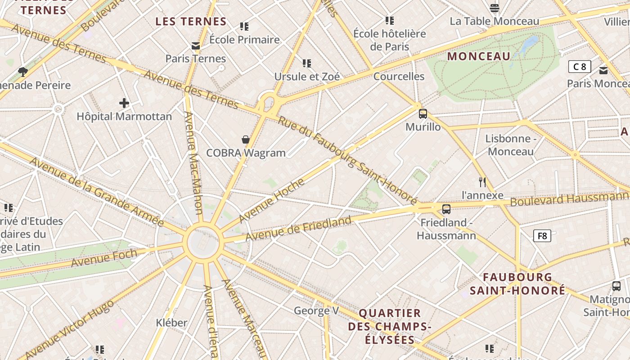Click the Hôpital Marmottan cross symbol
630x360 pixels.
(x=124, y=103)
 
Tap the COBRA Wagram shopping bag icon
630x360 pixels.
(x=246, y=139)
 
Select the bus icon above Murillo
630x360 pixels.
(x=423, y=114)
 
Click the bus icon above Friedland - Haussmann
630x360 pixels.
(x=446, y=209)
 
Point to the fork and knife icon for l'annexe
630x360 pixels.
(x=482, y=182)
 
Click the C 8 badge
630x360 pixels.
(x=580, y=67)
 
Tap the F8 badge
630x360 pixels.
(x=542, y=236)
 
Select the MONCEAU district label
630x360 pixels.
(x=479, y=56)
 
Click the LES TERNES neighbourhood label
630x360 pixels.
(x=191, y=22)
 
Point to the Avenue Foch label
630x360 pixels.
(x=104, y=258)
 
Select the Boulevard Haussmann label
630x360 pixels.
(x=569, y=198)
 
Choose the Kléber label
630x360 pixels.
(x=171, y=323)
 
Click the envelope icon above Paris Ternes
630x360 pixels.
(x=196, y=46)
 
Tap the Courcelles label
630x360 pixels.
(x=399, y=76)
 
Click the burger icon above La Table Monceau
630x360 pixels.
(x=495, y=8)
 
